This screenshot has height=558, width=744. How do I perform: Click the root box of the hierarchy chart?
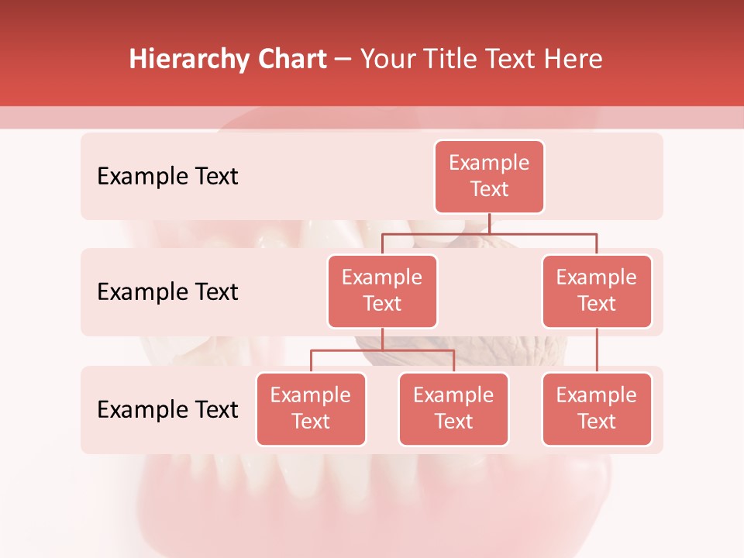click(489, 177)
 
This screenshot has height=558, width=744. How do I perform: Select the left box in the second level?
click(382, 291)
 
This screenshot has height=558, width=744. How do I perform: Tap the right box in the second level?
click(597, 291)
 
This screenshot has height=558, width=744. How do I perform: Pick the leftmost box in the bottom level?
click(311, 408)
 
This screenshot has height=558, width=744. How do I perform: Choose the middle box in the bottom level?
click(453, 408)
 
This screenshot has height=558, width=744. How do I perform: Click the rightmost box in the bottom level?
click(597, 408)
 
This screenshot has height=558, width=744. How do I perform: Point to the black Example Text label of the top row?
click(167, 177)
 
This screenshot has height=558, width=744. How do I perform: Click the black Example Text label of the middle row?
click(167, 292)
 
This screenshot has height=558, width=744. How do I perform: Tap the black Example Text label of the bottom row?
click(167, 409)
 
